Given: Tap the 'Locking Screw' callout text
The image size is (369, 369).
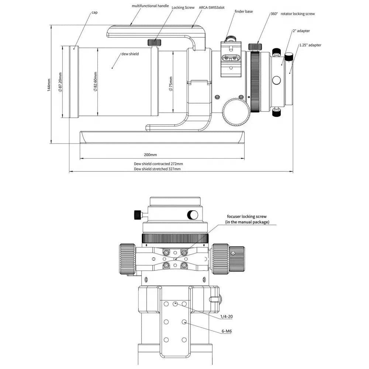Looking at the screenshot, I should coord(183,7).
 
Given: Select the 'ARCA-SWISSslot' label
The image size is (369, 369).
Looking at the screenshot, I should coord(212,7).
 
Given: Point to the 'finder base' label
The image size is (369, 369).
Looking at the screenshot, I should coord(244,11).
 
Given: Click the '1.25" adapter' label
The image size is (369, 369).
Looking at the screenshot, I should coord(310,45).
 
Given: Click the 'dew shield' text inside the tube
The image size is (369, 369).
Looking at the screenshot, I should coord(130,54).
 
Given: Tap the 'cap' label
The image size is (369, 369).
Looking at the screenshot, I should coord(94,12).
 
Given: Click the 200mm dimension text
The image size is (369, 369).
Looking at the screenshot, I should coord(151,155).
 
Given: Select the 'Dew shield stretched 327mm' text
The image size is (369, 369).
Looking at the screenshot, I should coord(157,169).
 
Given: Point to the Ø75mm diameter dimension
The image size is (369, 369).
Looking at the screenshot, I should coord(170,84).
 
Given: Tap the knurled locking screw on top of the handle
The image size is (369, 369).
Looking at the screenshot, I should coord(154,42).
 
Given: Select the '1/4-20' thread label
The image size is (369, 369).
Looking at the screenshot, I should coord(226,317).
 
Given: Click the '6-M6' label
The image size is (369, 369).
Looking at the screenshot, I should coord(227,331).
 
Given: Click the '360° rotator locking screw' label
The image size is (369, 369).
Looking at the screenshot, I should coord(293,14).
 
